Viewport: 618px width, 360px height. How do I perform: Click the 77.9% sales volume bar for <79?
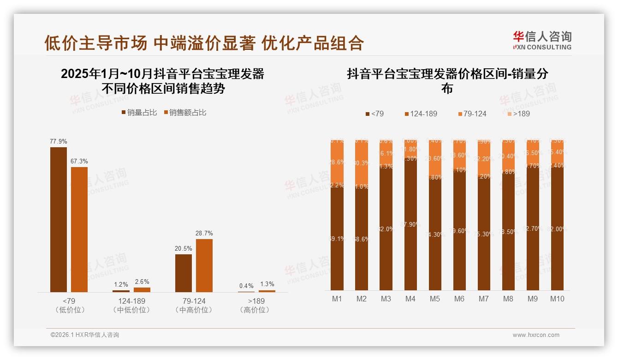pos(59,219)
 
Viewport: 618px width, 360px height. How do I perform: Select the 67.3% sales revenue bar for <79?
pos(79,229)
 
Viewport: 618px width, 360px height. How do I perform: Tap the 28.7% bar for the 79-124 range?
pos(204,265)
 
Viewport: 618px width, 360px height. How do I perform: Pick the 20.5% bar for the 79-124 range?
pos(184,273)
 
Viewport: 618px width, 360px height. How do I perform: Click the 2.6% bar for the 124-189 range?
pos(142,290)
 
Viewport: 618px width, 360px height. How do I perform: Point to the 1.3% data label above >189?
pos(267,284)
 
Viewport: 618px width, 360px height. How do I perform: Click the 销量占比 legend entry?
pos(139,112)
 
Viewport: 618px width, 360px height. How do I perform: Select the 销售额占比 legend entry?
pos(184,112)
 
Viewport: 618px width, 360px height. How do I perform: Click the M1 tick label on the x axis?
pos(337,299)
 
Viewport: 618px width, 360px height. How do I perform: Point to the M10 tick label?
pos(557,299)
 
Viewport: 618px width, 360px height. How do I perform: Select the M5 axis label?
pos(435,299)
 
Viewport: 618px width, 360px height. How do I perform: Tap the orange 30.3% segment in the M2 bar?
pos(362,163)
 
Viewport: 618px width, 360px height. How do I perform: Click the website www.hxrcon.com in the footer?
pos(536,335)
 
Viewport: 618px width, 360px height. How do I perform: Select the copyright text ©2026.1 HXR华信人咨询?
pos(85,335)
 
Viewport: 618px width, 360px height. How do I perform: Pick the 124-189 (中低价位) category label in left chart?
pos(131,305)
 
